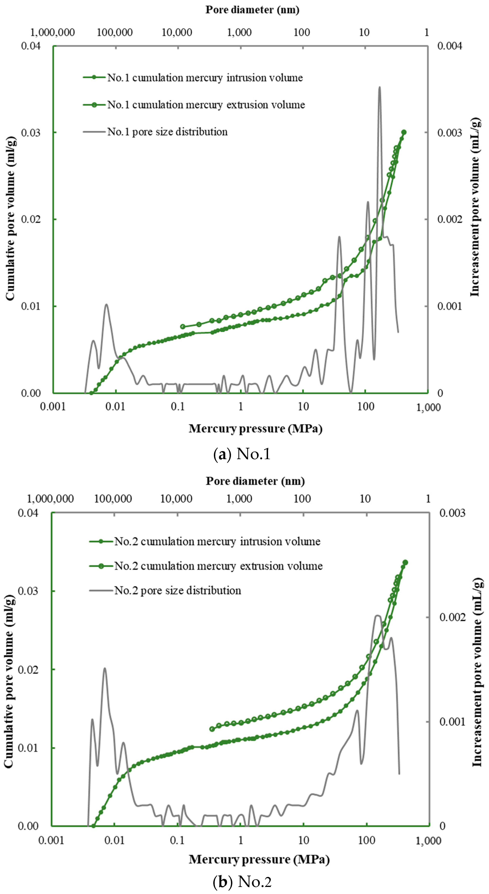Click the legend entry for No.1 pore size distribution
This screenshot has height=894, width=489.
167,132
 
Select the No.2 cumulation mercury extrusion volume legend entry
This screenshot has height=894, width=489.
218,566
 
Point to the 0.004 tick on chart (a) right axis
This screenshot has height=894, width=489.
450,46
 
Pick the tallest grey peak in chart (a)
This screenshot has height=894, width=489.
380,87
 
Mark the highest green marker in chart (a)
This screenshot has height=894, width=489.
404,132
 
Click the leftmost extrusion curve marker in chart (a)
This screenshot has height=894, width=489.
183,327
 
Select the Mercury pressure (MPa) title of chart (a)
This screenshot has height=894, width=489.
255,429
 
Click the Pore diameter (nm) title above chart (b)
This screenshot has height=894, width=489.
255,481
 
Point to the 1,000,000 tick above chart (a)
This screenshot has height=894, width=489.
52,32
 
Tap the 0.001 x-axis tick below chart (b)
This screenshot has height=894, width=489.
51,840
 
